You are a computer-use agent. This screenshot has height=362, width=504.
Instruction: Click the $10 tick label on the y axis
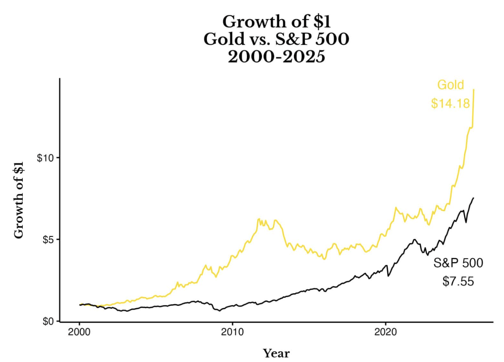[x=45, y=158]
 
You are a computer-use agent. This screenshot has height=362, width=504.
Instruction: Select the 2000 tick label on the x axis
[x=79, y=332]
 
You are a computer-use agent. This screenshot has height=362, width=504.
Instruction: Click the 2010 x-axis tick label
[x=232, y=332]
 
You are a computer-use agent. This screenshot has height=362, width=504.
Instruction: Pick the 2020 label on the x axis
[x=386, y=332]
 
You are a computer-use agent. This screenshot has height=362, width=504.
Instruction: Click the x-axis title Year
[x=276, y=353]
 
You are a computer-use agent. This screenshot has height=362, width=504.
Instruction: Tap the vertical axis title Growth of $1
[x=19, y=200]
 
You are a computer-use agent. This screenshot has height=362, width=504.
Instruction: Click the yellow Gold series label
[x=451, y=85]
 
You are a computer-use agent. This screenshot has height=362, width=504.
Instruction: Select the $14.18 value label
[x=450, y=103]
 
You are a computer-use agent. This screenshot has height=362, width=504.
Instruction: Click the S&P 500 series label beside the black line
[x=458, y=263]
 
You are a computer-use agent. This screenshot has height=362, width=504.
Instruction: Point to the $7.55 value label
[x=458, y=281]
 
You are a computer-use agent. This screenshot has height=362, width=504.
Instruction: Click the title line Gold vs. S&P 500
[x=276, y=39]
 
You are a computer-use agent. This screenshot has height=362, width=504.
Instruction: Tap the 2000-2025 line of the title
[x=276, y=56]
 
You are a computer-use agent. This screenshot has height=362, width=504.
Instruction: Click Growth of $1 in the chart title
[x=276, y=21]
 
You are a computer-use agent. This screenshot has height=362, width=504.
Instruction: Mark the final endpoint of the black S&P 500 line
[x=473, y=198]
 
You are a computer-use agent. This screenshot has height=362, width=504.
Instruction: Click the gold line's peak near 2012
[x=259, y=219]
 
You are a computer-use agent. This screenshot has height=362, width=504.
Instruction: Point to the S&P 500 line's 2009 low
[x=220, y=311]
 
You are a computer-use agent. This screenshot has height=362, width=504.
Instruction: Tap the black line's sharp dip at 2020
[x=388, y=276]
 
